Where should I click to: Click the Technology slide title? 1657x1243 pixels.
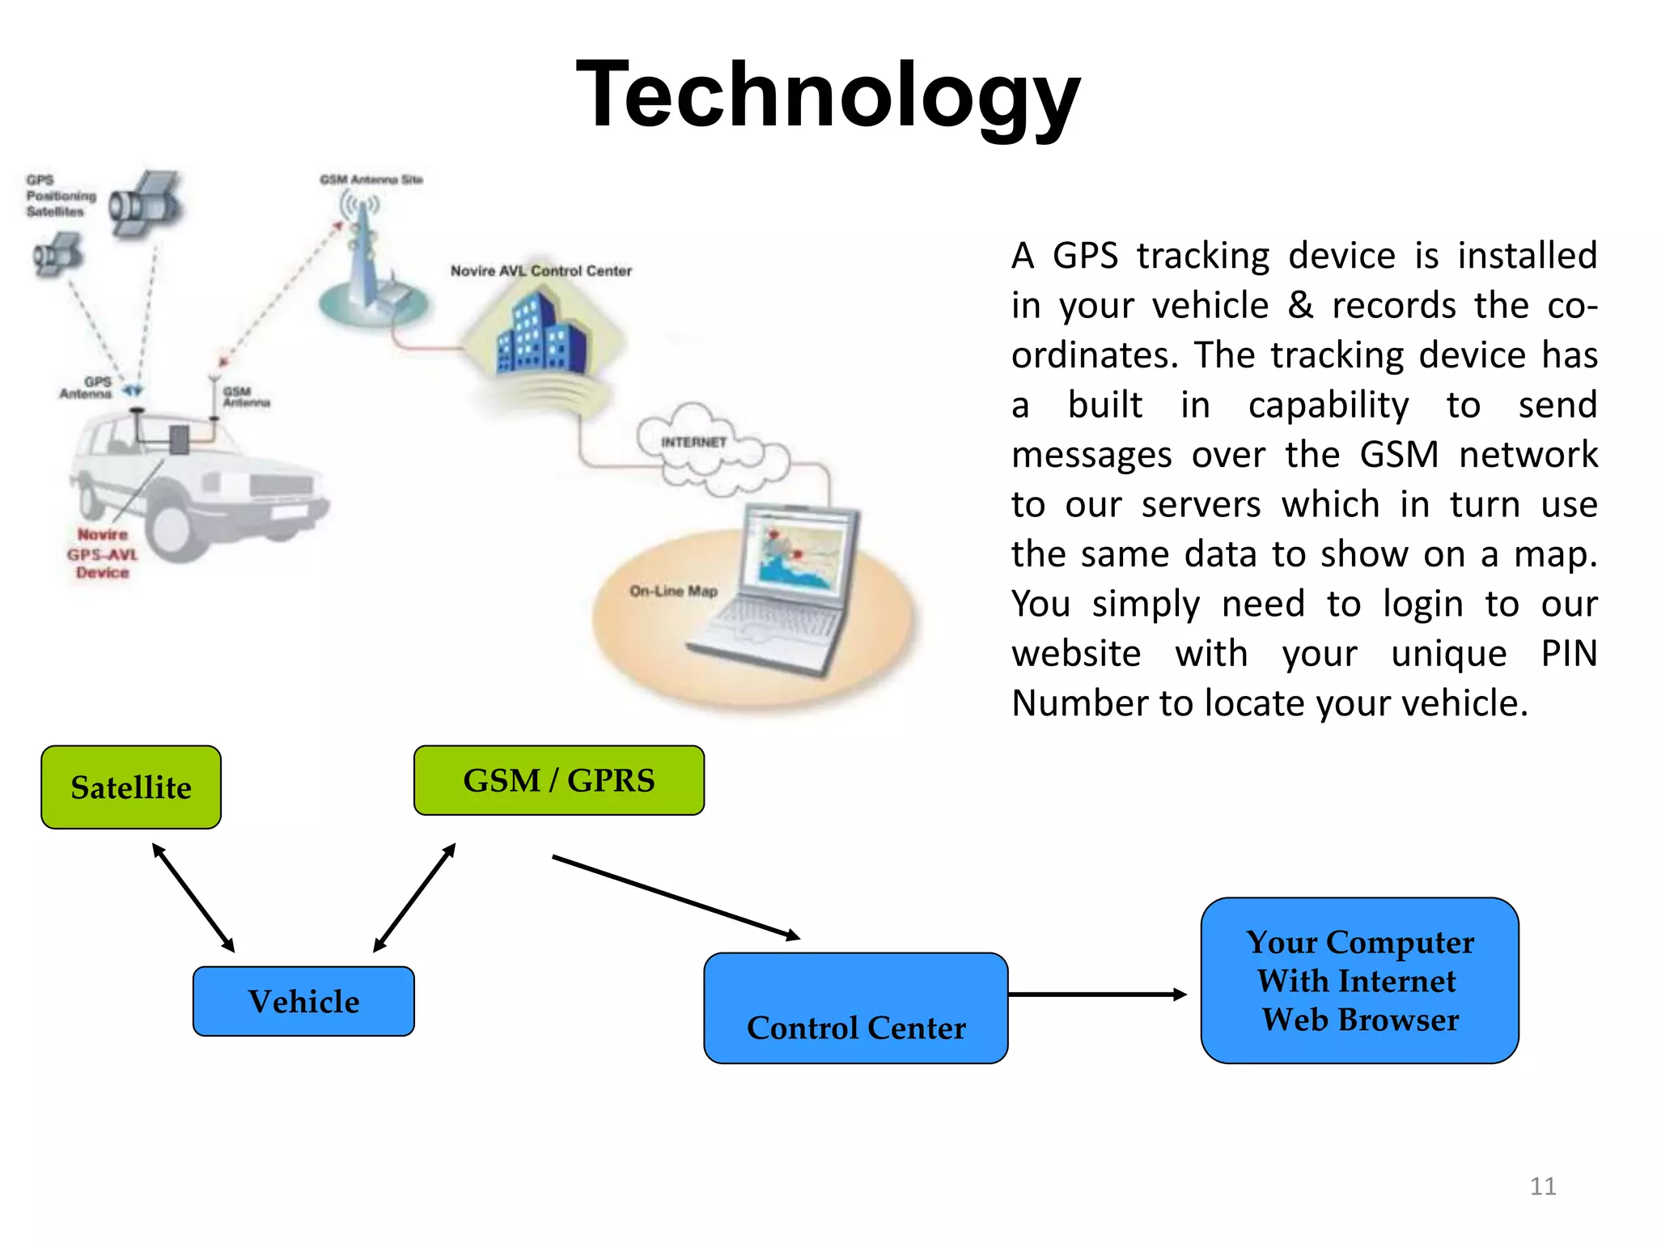click(828, 95)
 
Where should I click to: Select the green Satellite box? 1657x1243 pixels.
click(131, 787)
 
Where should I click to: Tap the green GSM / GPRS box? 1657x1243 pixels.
click(558, 780)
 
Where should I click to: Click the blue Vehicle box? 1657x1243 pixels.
click(303, 1001)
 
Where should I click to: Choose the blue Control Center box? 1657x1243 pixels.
click(855, 1008)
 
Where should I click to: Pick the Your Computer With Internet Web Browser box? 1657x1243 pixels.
click(1359, 980)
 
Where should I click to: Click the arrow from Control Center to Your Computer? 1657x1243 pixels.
click(1096, 995)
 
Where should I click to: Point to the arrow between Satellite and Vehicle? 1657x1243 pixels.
click(193, 897)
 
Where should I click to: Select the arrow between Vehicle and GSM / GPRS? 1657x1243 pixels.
click(414, 897)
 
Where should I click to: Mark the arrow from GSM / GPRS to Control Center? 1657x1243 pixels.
click(676, 897)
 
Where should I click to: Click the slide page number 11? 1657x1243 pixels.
click(1543, 1186)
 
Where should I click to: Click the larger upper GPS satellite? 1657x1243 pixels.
click(146, 204)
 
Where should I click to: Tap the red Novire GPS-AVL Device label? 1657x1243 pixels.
click(103, 554)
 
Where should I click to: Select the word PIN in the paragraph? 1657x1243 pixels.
click(1569, 653)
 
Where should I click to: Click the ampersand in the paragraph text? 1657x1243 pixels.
click(1300, 306)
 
